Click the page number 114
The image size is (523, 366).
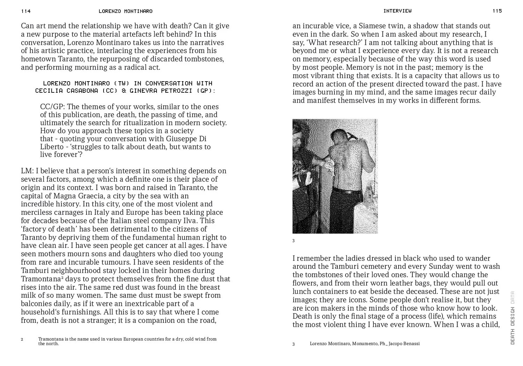26,11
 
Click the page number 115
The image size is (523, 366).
497,11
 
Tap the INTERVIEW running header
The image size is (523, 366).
397,11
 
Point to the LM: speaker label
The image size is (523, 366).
28,171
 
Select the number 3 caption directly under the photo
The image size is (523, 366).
294,241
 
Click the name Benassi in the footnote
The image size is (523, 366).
411,344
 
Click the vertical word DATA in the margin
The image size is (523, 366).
512,297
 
